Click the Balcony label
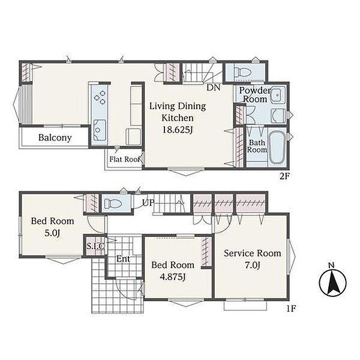pos(55,138)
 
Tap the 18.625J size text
pos(178,130)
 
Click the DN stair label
pos(213,88)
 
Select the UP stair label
pos(148,203)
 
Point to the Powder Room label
pos(255,95)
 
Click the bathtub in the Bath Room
pos(277,147)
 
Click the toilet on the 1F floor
pos(113,203)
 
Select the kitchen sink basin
pos(100,130)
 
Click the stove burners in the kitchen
pos(100,97)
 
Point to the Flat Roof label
pos(125,159)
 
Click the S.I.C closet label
pos(95,246)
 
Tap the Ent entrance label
pos(123,259)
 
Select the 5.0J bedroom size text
pos(53,233)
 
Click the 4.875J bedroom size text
pos(173,277)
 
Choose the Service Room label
pos(253,253)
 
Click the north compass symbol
pos(332,282)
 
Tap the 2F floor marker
pos(284,176)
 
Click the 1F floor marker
pos(291,308)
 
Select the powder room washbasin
pos(278,95)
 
